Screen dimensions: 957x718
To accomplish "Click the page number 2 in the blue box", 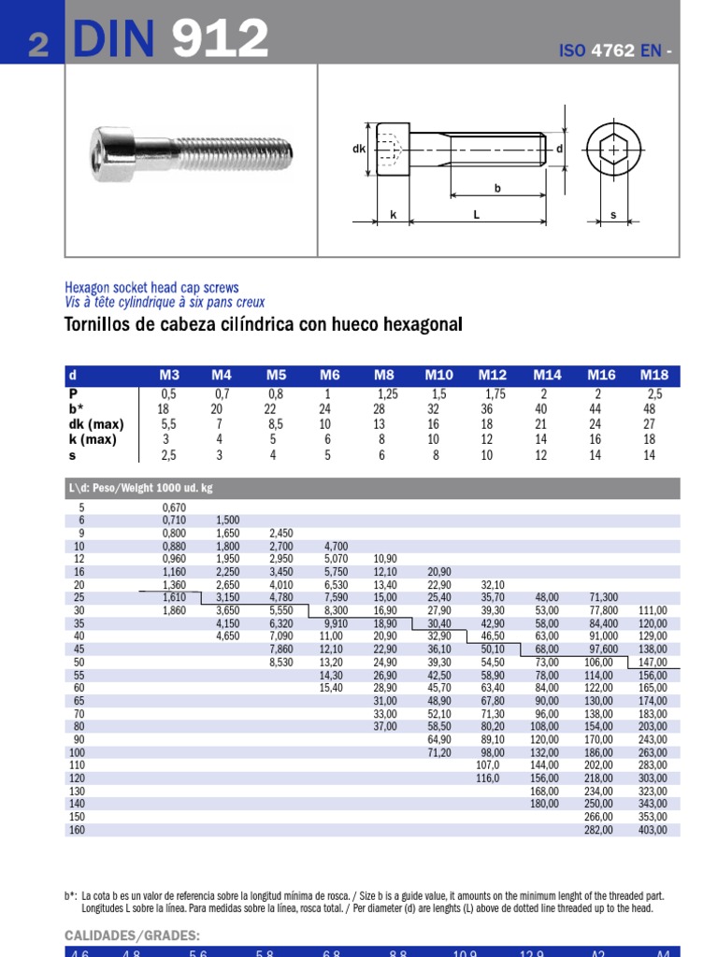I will click(37, 45).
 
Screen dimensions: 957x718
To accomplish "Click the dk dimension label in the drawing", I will click(358, 149).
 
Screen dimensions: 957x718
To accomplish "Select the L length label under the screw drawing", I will click(476, 215).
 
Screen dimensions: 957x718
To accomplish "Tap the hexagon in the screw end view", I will click(613, 150).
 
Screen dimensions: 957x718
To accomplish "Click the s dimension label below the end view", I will click(613, 215).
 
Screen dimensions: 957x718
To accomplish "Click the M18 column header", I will click(653, 375).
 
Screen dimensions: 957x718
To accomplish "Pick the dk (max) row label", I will click(96, 423).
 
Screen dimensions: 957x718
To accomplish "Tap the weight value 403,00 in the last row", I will click(653, 829).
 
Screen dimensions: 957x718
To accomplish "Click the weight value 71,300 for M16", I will click(602, 596).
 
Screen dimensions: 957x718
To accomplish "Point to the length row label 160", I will click(79, 829).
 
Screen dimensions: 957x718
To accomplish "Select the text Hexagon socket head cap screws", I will click(151, 288).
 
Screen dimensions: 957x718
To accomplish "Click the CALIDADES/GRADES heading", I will click(132, 936).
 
